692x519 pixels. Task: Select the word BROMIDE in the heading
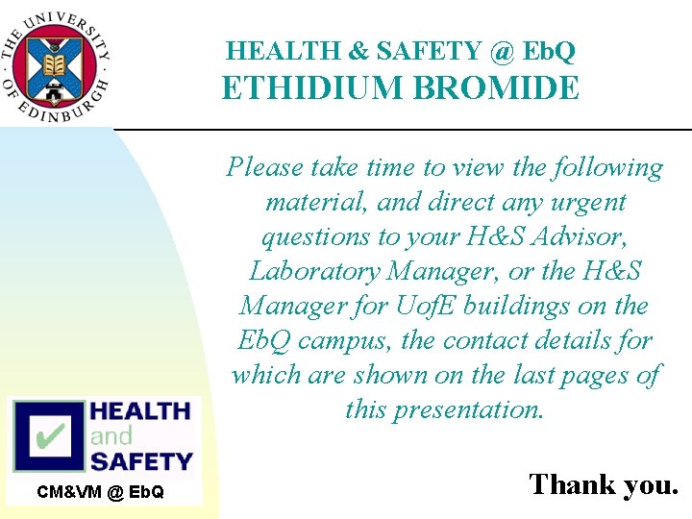tap(497, 88)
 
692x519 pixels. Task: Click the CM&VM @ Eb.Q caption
tap(101, 493)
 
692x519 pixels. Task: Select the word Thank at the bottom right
tap(571, 483)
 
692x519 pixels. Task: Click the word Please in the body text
tap(265, 168)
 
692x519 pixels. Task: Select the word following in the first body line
tap(607, 168)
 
